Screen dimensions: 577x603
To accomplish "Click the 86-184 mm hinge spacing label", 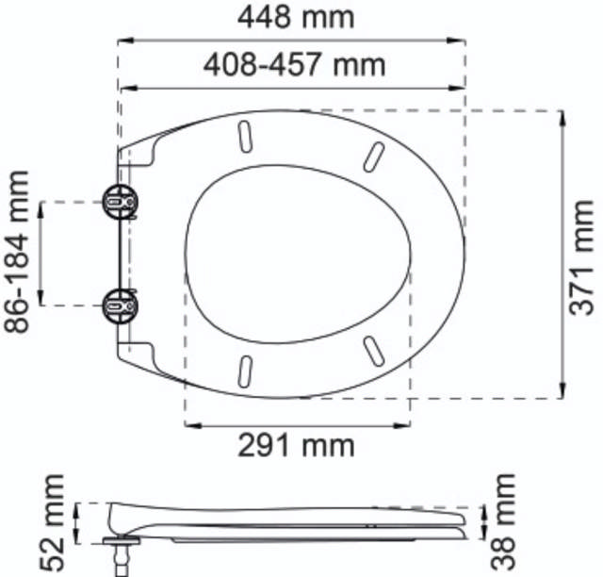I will coord(17,253).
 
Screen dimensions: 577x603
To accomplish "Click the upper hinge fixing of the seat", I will coord(120,201).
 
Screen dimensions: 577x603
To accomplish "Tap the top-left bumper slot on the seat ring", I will coord(245,136).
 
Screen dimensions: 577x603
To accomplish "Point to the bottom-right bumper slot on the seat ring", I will coord(372,350).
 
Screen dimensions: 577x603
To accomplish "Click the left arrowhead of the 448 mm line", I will coord(123,41).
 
